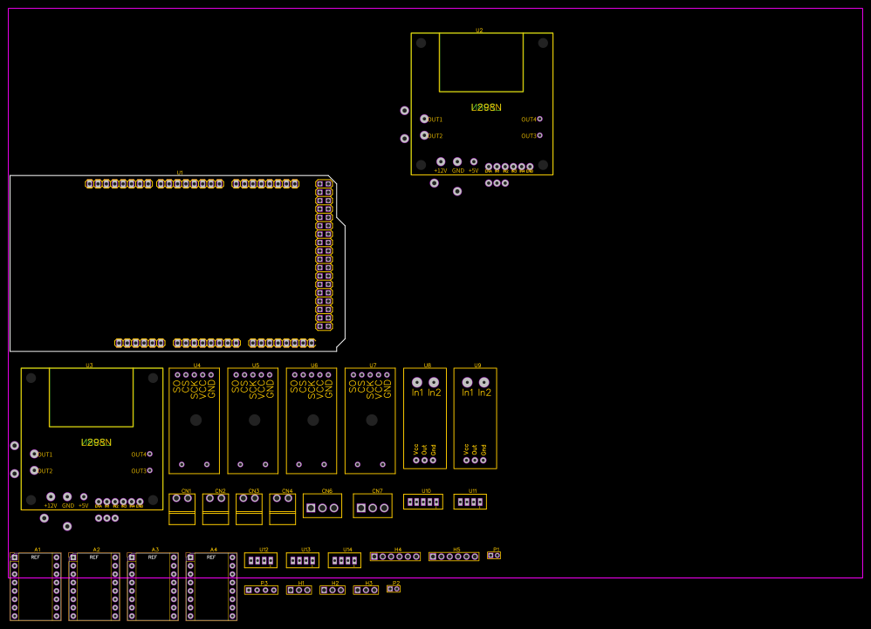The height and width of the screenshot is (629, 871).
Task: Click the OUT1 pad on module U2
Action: point(424,119)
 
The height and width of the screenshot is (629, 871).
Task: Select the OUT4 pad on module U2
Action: point(539,119)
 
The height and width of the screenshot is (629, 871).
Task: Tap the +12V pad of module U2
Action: point(441,161)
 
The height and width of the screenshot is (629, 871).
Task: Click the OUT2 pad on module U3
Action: point(34,470)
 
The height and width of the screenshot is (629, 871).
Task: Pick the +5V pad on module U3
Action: point(84,496)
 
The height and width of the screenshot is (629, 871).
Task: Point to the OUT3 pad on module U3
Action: point(149,470)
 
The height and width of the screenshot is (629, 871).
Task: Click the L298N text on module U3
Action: point(96,442)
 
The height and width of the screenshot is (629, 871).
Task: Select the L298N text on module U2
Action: point(486,107)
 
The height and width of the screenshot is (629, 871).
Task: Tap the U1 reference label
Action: point(180,173)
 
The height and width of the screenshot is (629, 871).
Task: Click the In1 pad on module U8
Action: point(417,382)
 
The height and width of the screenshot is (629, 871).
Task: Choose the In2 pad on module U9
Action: point(484,382)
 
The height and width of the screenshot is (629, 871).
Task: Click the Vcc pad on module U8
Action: point(416,461)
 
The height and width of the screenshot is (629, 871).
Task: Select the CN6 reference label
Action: point(327,490)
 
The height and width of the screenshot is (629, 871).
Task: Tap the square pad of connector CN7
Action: point(361,508)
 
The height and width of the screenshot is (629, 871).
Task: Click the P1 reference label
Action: point(497,549)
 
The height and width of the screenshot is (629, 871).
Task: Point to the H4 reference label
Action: point(398,550)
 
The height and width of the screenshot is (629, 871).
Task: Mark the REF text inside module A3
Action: point(153,557)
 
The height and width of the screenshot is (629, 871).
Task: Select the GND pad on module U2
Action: point(457,161)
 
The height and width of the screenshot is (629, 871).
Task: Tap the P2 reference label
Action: point(395,583)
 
